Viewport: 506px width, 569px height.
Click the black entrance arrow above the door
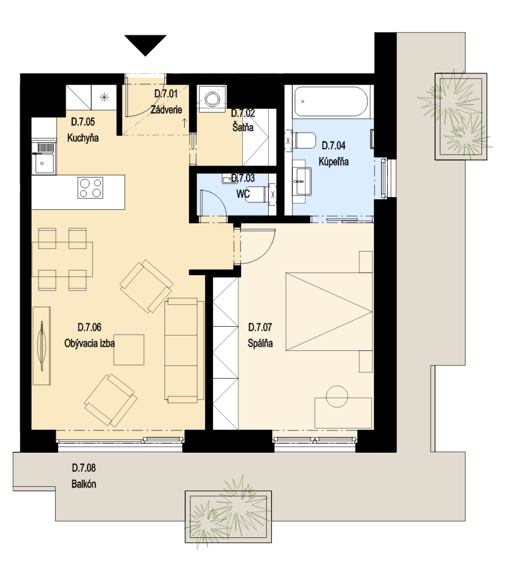pos(145,44)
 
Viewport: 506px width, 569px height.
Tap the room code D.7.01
pos(166,94)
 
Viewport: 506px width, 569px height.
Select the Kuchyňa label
pos(83,138)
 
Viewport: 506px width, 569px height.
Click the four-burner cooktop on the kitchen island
pos(90,188)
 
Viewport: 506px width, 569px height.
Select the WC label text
pos(243,194)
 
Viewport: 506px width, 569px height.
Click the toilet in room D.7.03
pos(259,194)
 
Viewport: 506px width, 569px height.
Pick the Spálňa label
pos(260,343)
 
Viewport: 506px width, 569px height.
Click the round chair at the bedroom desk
pos(337,396)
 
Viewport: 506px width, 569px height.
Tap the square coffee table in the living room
pos(129,350)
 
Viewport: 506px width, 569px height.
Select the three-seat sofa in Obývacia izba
pos(184,350)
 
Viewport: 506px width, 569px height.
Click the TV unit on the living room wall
pos(41,346)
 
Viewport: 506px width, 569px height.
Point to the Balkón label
pos(84,484)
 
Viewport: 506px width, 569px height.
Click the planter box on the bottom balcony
pos(228,517)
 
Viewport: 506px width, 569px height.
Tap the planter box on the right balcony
pos(461,116)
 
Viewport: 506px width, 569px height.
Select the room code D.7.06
pos(89,327)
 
